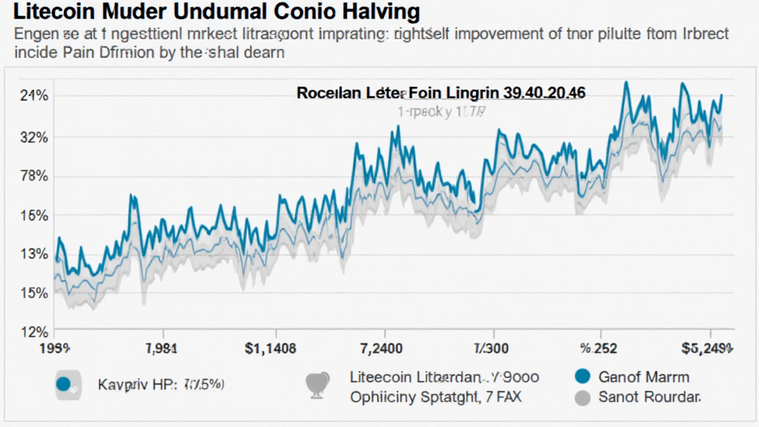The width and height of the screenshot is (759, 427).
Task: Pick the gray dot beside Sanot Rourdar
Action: tap(583, 397)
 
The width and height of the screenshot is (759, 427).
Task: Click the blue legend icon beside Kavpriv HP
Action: tap(64, 384)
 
